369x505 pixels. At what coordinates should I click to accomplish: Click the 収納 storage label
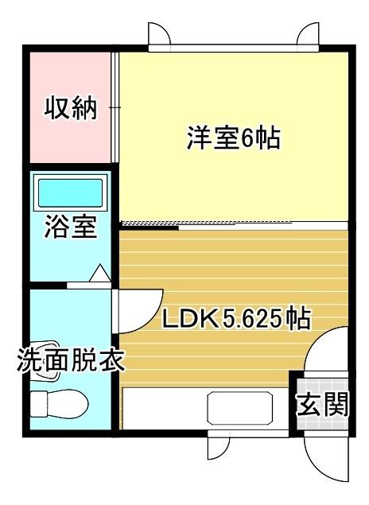(70, 108)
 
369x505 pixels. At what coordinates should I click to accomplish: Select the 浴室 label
(70, 227)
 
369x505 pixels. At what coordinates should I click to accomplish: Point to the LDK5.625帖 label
(236, 320)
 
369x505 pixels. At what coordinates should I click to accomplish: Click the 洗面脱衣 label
(70, 362)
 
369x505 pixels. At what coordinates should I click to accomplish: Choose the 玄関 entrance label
(323, 406)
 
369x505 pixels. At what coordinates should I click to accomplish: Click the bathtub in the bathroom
(71, 193)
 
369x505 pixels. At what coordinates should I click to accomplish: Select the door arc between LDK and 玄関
(323, 350)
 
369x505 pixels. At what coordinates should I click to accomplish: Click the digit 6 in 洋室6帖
(246, 138)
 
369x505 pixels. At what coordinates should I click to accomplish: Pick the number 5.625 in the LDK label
(253, 320)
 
